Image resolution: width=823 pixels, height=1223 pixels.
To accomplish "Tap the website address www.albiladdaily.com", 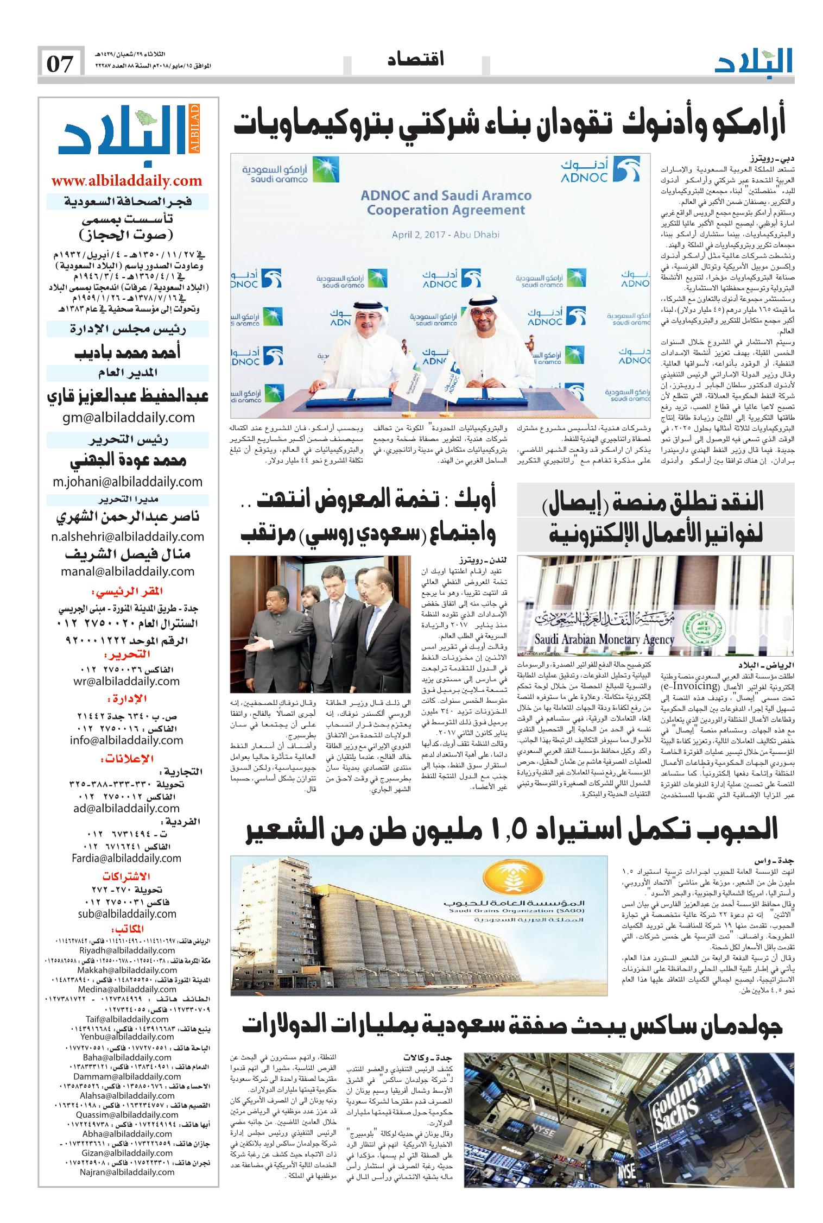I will (126, 181).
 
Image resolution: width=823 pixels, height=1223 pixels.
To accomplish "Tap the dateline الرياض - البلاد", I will (768, 664).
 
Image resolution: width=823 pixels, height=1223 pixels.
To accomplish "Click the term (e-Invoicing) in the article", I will (687, 686).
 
